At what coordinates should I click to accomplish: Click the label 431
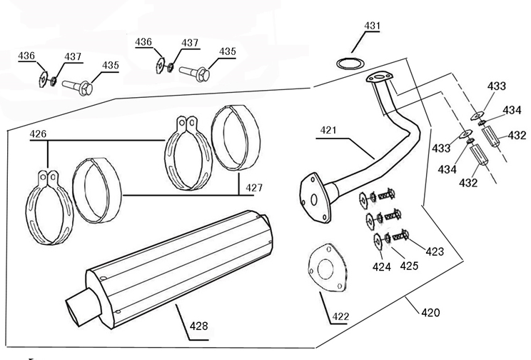tap(372, 26)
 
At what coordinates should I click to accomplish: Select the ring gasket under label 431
tap(348, 61)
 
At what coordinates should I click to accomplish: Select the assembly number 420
tap(430, 313)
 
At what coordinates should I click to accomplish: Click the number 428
tap(198, 326)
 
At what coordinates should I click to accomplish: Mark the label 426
tap(38, 134)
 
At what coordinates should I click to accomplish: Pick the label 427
tap(254, 187)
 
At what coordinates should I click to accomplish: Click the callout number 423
tap(435, 251)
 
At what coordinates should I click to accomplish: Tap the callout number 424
tap(383, 268)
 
